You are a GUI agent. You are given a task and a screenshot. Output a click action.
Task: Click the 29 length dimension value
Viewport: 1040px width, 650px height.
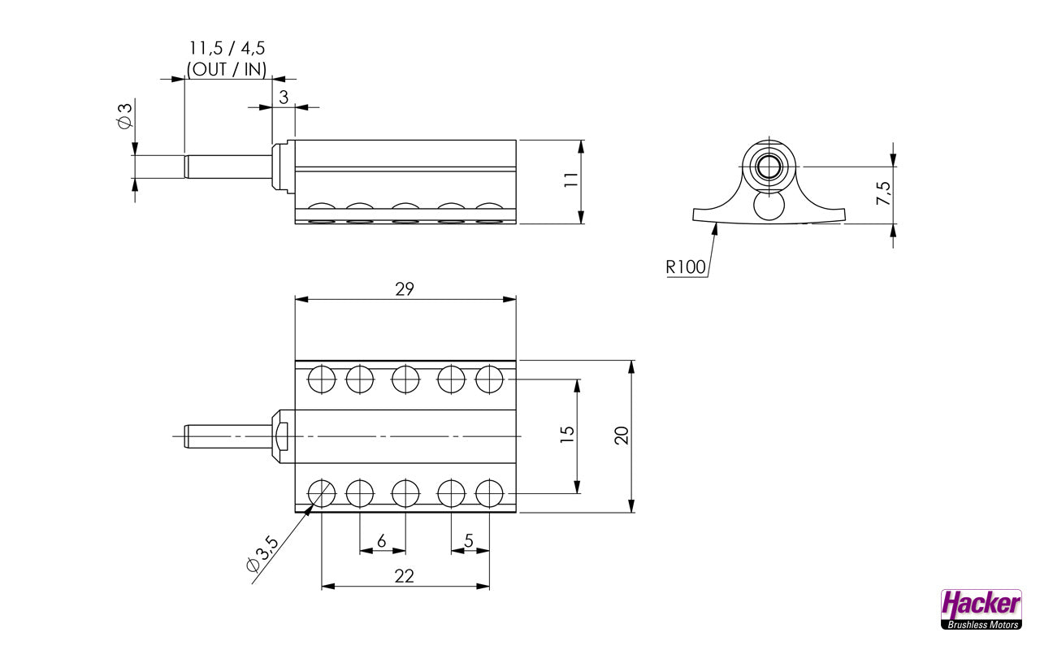click(x=405, y=288)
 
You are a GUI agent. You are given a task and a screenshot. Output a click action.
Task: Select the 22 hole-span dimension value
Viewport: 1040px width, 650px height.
click(x=404, y=576)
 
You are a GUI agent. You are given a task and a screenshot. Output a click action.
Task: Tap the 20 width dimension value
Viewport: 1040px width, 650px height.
click(x=622, y=435)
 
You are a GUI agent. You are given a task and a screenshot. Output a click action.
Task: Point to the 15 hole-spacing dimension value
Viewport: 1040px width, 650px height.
click(x=567, y=435)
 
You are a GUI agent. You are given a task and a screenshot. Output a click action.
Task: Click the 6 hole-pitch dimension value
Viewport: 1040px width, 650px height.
click(x=382, y=541)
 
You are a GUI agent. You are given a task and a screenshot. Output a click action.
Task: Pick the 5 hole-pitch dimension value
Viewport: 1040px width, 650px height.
click(x=469, y=541)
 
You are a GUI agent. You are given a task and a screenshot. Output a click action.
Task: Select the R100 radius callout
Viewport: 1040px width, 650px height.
click(x=685, y=266)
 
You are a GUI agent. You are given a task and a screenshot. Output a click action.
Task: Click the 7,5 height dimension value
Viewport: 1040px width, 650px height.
click(x=884, y=193)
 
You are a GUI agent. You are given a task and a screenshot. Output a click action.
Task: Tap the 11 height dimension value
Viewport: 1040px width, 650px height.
click(x=571, y=180)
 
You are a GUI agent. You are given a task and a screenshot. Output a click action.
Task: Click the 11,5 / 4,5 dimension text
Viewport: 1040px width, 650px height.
click(x=227, y=49)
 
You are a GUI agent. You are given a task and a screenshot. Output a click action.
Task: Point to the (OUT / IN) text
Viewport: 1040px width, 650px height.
click(x=227, y=69)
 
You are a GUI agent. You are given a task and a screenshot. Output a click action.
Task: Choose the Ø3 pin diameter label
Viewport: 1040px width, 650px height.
click(x=124, y=115)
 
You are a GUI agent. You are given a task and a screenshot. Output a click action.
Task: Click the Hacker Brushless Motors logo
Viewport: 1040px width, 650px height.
click(x=981, y=609)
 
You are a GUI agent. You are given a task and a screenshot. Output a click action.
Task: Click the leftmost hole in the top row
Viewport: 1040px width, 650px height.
click(x=322, y=379)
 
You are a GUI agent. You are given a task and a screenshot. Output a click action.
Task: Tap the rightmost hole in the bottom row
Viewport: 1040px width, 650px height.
click(x=489, y=493)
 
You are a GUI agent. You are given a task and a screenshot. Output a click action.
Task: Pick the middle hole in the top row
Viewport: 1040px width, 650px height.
click(x=405, y=379)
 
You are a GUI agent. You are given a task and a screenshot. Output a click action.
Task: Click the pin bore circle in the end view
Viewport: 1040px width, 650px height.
click(x=768, y=167)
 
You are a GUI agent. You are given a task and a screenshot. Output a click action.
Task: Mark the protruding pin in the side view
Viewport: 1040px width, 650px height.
click(x=227, y=167)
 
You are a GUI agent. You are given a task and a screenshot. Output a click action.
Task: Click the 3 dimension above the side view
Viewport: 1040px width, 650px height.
click(x=283, y=97)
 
